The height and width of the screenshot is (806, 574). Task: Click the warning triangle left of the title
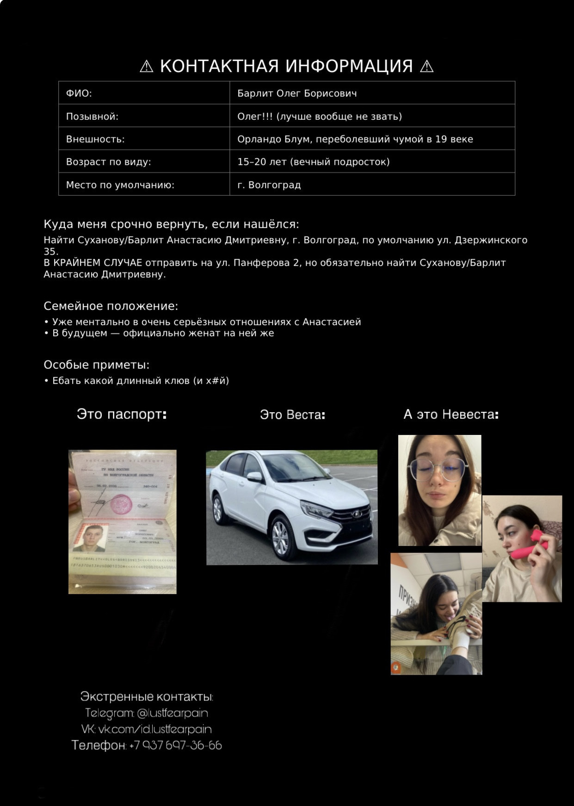[x=146, y=67]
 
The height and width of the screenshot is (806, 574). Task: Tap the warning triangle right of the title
[x=426, y=67]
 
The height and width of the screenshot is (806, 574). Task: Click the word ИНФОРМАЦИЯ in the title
[x=349, y=66]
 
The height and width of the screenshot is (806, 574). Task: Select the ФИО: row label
[x=79, y=93]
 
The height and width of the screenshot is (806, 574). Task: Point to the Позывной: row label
[x=92, y=116]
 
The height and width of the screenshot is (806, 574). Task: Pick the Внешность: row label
[x=95, y=139]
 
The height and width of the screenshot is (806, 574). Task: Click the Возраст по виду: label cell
[x=109, y=161]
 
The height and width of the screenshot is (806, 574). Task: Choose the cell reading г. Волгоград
[x=269, y=185]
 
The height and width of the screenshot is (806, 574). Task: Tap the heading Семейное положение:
[x=111, y=306]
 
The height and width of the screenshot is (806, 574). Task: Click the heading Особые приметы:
[x=97, y=365]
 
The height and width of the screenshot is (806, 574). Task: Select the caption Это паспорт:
[x=122, y=414]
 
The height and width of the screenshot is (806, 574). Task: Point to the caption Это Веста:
[x=292, y=415]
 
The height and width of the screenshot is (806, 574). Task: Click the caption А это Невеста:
[x=451, y=414]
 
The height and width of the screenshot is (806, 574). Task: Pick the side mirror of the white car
[x=254, y=477]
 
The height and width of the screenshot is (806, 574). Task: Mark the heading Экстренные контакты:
[x=147, y=696]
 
